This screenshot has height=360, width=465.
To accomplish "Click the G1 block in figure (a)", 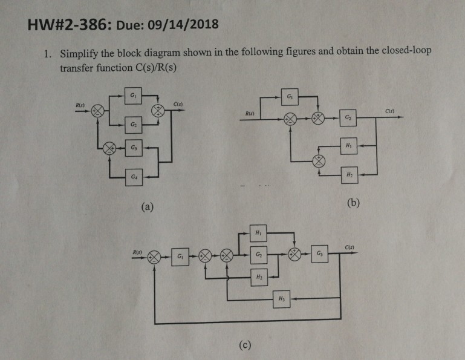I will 133,96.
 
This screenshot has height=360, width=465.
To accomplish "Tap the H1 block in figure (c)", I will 258,232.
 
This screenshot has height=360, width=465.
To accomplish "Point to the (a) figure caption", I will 146,207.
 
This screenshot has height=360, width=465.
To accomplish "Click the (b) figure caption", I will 354,202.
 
